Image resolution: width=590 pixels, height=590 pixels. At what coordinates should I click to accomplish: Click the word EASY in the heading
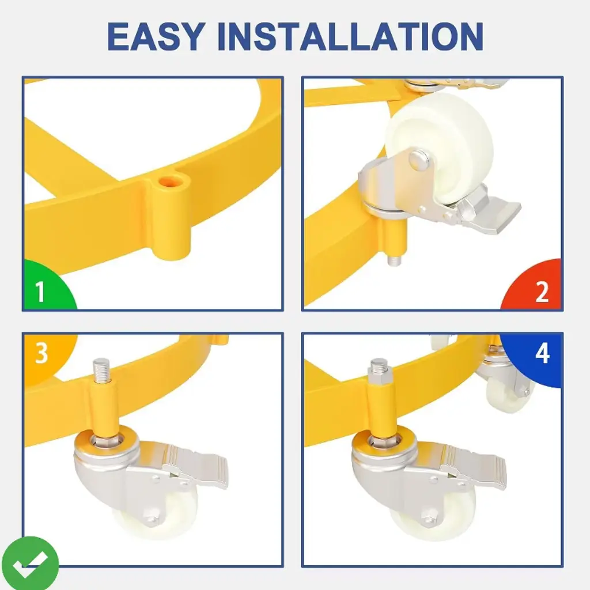pyautogui.click(x=156, y=36)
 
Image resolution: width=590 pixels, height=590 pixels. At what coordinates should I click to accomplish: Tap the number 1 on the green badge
pyautogui.click(x=40, y=292)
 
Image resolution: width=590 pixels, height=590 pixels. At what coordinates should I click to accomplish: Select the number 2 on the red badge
pyautogui.click(x=542, y=292)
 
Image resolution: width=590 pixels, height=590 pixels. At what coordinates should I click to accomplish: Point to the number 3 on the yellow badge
pyautogui.click(x=41, y=353)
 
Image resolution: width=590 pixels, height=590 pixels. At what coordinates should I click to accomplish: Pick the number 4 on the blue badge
pyautogui.click(x=542, y=353)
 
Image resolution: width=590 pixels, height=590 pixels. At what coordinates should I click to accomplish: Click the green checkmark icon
pyautogui.click(x=30, y=563)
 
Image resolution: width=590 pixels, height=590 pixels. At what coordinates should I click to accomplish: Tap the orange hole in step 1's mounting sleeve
pyautogui.click(x=171, y=183)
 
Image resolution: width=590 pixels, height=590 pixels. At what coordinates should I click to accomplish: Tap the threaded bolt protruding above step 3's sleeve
pyautogui.click(x=101, y=370)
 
